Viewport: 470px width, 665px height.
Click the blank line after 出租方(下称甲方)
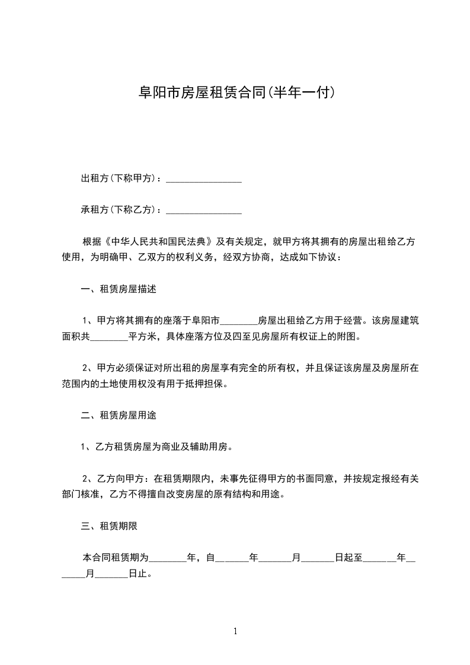tap(203, 178)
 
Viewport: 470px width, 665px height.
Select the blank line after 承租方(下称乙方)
tap(203, 210)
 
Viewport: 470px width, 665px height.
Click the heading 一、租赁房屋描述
tap(118, 290)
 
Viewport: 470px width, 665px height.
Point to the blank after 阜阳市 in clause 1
tap(239, 322)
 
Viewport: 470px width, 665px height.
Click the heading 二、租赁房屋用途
tap(118, 415)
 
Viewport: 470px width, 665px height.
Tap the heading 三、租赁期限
tap(109, 526)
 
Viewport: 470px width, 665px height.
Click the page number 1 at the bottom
tap(235, 631)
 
